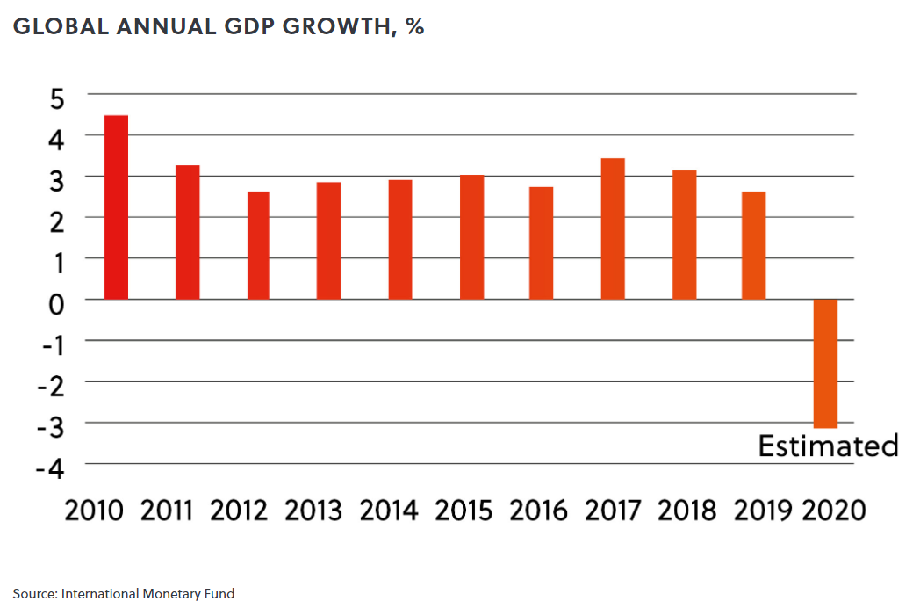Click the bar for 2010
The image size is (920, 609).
pyautogui.click(x=116, y=207)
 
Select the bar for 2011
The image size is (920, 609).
pyautogui.click(x=187, y=232)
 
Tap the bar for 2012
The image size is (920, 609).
pyautogui.click(x=258, y=245)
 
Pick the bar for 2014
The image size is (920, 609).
pyautogui.click(x=400, y=239)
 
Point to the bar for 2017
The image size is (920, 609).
pyautogui.click(x=613, y=228)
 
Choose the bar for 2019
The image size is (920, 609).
pyautogui.click(x=754, y=245)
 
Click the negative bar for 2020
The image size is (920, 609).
pyautogui.click(x=825, y=363)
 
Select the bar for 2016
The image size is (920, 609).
pyautogui.click(x=542, y=243)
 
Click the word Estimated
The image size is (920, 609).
pyautogui.click(x=828, y=446)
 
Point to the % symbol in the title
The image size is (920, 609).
pyautogui.click(x=414, y=26)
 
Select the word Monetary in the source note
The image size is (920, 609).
pyautogui.click(x=162, y=594)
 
